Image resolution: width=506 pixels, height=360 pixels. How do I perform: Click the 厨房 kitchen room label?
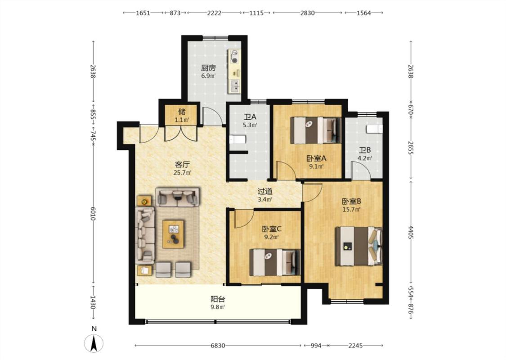coord(208,68)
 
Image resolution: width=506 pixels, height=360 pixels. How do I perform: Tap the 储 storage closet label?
coord(182,112)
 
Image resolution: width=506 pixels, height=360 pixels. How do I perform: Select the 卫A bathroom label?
coord(250,117)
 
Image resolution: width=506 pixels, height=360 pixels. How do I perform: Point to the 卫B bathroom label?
coord(365,150)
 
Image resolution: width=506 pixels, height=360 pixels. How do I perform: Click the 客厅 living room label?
coord(182,164)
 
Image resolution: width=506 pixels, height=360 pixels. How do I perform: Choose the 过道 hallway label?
coord(265,191)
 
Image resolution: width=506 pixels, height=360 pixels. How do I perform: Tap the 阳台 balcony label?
coord(218,299)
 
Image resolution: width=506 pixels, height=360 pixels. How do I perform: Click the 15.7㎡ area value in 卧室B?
coord(351,209)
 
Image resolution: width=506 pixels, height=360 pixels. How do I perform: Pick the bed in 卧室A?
coord(316,130)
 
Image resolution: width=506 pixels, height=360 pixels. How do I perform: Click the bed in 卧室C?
coord(275,262)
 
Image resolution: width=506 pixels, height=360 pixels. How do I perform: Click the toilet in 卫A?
coord(237,140)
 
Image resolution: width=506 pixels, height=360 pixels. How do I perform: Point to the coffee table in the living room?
coord(173,234)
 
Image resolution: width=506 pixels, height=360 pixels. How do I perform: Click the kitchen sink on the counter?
coord(235,86)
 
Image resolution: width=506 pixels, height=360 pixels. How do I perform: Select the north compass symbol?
coord(94,342)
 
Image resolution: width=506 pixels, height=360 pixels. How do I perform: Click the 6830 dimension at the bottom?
coord(218,346)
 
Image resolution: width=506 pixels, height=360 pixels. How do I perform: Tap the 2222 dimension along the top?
coord(214,13)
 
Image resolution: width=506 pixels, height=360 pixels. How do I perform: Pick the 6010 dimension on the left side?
coord(93,214)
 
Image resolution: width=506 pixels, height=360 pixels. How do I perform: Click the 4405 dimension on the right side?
coord(411,233)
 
